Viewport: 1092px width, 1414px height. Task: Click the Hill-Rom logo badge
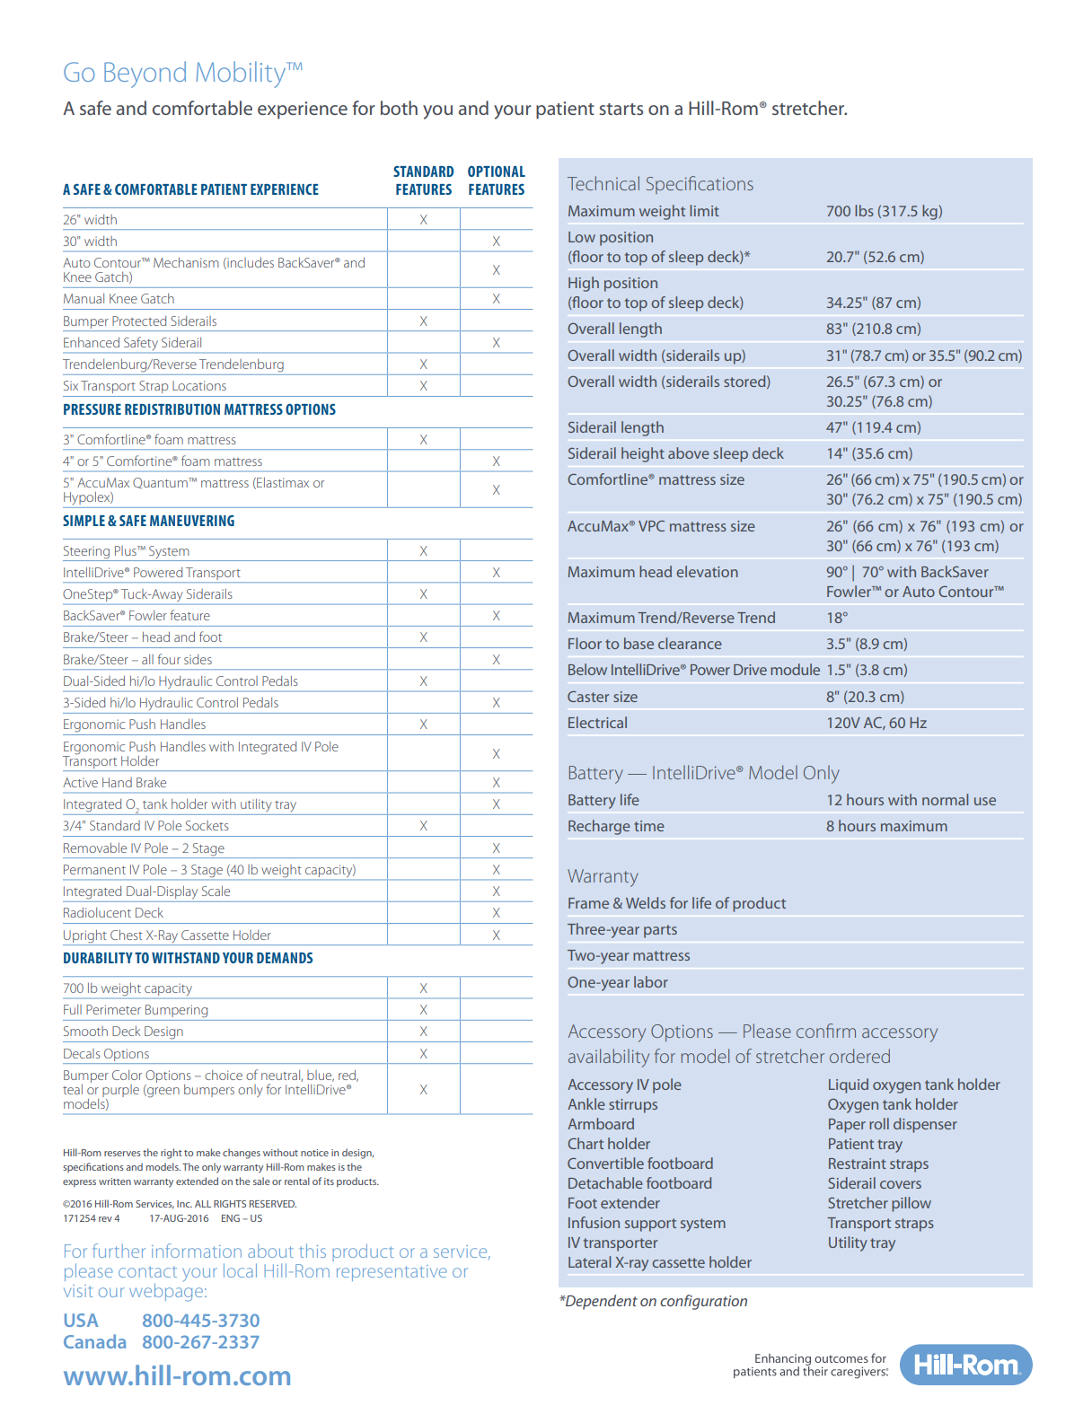coord(965,1365)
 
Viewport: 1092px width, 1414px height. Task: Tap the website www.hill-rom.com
coord(177,1375)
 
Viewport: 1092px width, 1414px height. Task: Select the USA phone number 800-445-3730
coord(200,1321)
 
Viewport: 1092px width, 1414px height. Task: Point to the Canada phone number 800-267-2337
coord(200,1342)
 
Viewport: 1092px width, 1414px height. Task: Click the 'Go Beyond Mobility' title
coord(182,73)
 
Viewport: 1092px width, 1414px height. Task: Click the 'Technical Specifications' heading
coord(660,184)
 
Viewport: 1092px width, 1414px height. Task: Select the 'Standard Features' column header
coord(423,180)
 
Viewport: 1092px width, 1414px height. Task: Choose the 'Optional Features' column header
coord(496,180)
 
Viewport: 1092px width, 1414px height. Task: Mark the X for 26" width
coord(423,220)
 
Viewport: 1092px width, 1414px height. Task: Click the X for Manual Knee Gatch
coord(496,299)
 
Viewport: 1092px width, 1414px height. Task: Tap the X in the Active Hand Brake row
coord(496,783)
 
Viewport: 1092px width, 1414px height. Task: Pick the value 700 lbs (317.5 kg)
coord(884,211)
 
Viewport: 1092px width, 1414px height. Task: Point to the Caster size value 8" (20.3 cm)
coord(865,697)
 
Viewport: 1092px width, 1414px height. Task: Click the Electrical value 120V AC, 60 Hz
coord(876,723)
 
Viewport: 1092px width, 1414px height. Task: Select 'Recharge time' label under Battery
coord(615,826)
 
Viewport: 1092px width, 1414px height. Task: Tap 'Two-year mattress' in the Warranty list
coord(629,955)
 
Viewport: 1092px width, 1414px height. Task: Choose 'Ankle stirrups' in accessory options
coord(612,1104)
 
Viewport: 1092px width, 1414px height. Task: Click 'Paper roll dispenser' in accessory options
coord(892,1124)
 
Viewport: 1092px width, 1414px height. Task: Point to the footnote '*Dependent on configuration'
coord(653,1301)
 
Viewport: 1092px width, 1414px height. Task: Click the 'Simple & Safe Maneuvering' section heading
coord(148,521)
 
